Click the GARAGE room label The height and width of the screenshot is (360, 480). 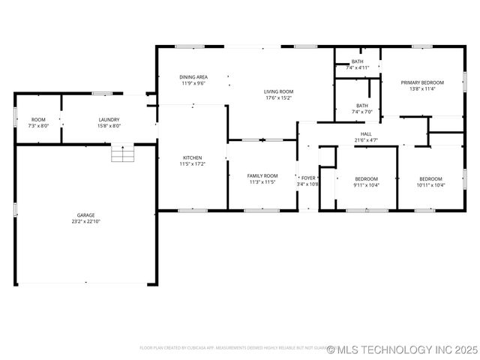point(85,215)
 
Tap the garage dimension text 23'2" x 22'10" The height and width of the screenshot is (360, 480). point(85,222)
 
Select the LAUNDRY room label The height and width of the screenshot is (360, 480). point(109,120)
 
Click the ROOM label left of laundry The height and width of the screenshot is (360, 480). point(38,120)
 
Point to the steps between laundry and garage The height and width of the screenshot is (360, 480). point(121,154)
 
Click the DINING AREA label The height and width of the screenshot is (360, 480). point(193,76)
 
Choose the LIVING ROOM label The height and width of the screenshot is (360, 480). point(277,91)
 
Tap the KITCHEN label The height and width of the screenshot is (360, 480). point(192,157)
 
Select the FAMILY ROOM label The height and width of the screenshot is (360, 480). point(262,175)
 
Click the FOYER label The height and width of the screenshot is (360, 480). point(308,178)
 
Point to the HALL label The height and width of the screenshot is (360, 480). point(367,133)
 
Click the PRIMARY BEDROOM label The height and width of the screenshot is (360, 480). point(422,82)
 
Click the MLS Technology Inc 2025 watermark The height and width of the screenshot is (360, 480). point(402,349)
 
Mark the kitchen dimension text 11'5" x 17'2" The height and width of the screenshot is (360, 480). point(192,164)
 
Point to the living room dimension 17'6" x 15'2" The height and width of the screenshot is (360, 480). point(277,97)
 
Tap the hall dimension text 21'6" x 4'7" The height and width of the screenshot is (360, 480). point(367,140)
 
